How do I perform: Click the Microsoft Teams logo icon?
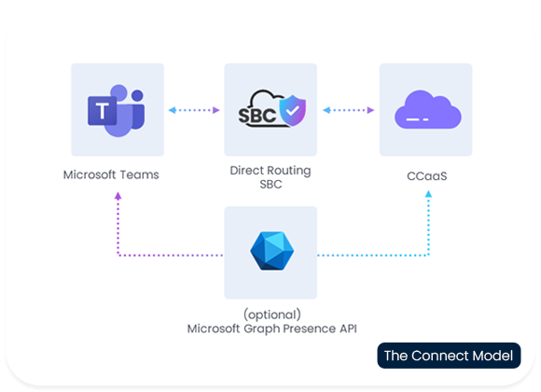(117, 110)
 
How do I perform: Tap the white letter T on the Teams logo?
(102, 111)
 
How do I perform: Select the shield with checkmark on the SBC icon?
(293, 110)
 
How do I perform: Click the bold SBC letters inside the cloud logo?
(257, 116)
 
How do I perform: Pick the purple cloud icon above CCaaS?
(427, 109)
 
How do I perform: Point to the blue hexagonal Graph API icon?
(271, 251)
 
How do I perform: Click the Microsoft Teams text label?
(111, 175)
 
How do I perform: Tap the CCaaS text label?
(427, 176)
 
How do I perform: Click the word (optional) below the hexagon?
(272, 315)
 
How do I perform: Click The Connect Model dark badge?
(449, 356)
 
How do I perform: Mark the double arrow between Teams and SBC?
(194, 110)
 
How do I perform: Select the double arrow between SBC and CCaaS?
(349, 110)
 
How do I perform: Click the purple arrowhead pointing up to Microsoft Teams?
(118, 196)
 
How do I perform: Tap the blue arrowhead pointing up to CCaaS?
(428, 194)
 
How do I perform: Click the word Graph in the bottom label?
(262, 329)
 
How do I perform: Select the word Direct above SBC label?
(244, 170)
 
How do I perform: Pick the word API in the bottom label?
(348, 329)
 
